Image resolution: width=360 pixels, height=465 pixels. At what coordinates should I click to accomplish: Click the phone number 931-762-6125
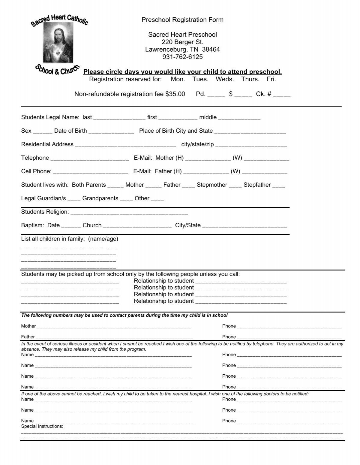(x=182, y=57)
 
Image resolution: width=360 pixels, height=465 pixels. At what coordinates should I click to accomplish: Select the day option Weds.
(x=225, y=79)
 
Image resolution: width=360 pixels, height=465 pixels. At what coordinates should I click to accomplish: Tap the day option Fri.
(x=271, y=79)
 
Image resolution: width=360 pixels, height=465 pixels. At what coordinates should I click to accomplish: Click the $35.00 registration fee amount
(x=175, y=94)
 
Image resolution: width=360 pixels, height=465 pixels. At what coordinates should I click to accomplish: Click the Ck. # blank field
(x=282, y=95)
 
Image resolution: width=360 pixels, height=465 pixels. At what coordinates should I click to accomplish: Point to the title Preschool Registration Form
(x=182, y=20)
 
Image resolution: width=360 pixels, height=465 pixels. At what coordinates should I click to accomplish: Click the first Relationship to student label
(x=164, y=281)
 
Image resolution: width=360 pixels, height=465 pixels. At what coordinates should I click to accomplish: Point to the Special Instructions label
(x=42, y=426)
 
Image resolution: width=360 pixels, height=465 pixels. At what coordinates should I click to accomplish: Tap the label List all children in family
(x=70, y=239)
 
